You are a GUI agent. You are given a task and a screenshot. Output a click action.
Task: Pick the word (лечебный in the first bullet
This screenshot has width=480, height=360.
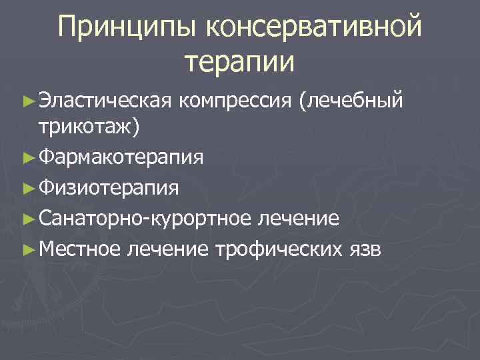pyautogui.click(x=351, y=100)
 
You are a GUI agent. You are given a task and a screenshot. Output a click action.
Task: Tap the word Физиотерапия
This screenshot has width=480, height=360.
pyautogui.click(x=108, y=187)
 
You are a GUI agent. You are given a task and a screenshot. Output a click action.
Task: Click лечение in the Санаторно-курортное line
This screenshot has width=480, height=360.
pyautogui.click(x=299, y=217)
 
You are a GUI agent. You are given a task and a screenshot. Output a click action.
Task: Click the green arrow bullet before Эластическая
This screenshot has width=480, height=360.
pyautogui.click(x=28, y=101)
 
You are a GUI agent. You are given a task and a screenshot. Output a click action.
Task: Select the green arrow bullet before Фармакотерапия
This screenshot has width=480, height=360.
pyautogui.click(x=28, y=158)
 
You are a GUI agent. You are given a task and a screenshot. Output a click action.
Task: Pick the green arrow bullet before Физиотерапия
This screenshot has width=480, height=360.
pyautogui.click(x=28, y=188)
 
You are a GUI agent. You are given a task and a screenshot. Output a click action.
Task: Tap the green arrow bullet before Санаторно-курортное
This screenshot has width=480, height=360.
pyautogui.click(x=28, y=218)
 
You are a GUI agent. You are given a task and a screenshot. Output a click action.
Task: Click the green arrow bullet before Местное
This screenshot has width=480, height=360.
pyautogui.click(x=28, y=249)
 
